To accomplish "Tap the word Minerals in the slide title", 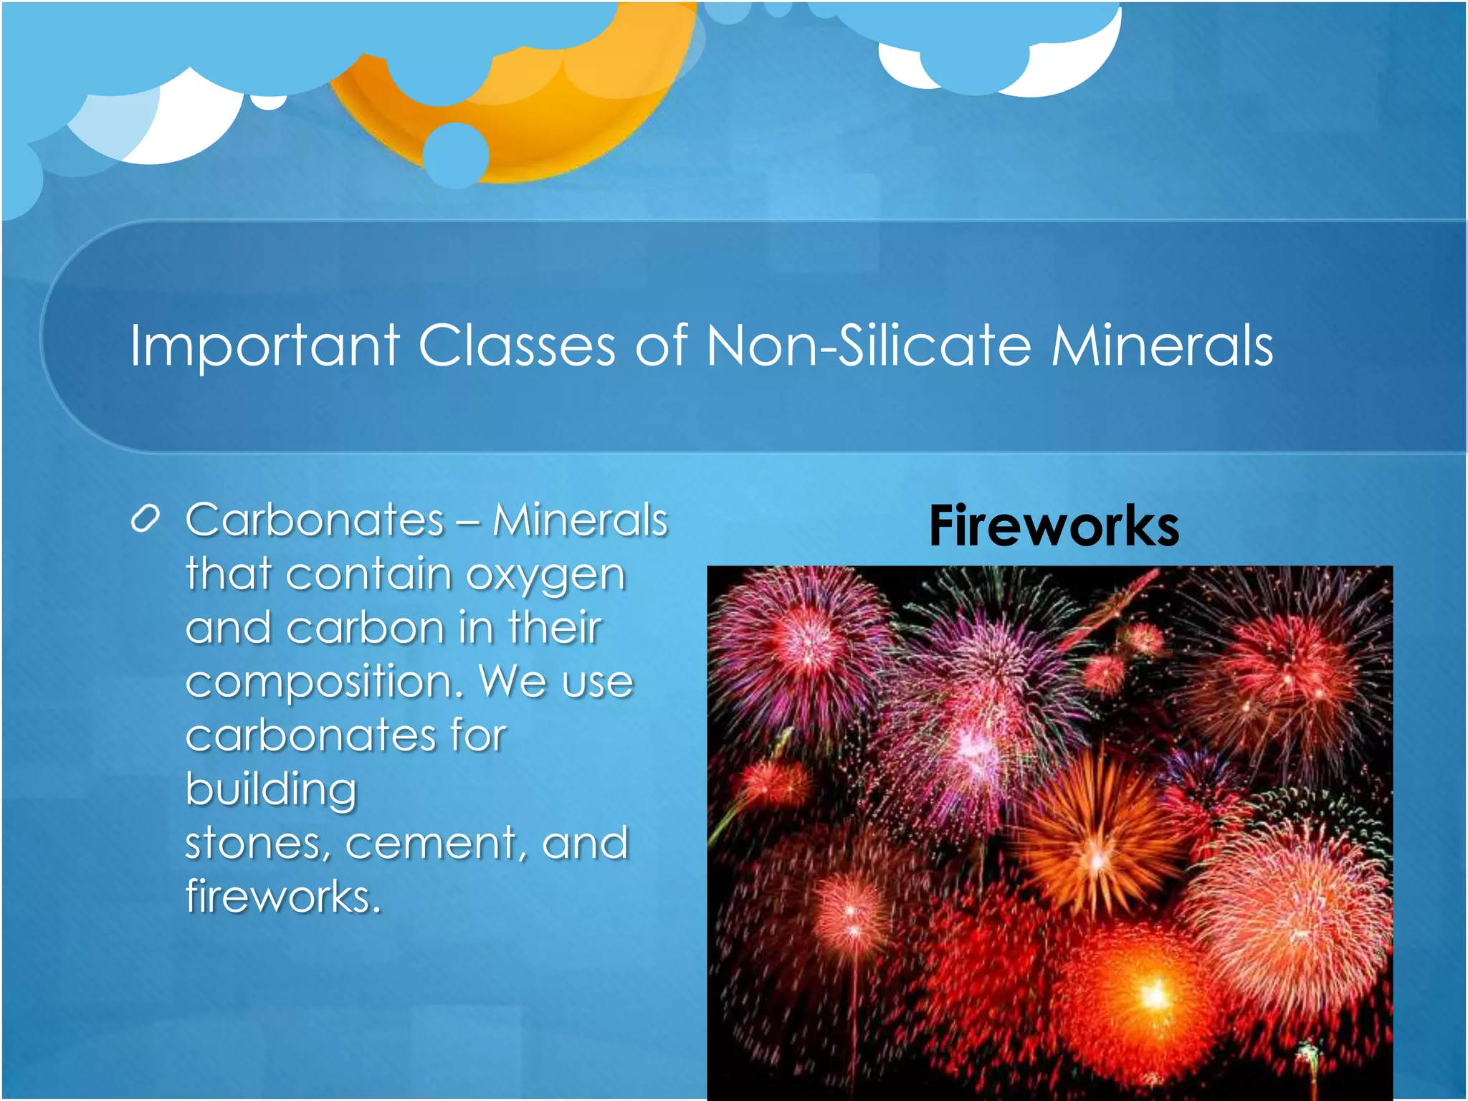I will pyautogui.click(x=1162, y=346).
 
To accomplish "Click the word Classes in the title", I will pyautogui.click(x=516, y=346).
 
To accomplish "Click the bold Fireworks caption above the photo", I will pyautogui.click(x=1054, y=527).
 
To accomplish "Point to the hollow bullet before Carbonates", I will pyautogui.click(x=145, y=519).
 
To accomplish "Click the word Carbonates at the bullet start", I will pyautogui.click(x=315, y=520).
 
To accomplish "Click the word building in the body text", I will pyautogui.click(x=271, y=791).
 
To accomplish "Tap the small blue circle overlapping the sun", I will pyautogui.click(x=456, y=156).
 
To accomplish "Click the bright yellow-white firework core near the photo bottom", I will pyautogui.click(x=1153, y=995).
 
